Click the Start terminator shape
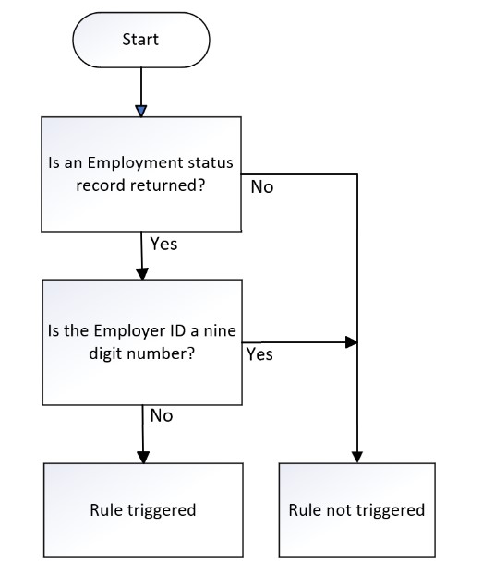point(141,40)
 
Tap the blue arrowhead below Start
point(141,111)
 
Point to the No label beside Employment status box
point(262,187)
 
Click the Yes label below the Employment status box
point(163,244)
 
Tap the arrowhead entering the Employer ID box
point(142,274)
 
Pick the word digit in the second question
point(103,354)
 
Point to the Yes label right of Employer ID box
point(259,354)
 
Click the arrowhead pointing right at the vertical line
point(351,342)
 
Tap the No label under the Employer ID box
point(162,416)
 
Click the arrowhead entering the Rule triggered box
point(143,457)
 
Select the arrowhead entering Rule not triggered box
point(357,457)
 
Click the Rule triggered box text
point(143,510)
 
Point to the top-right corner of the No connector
point(357,174)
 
